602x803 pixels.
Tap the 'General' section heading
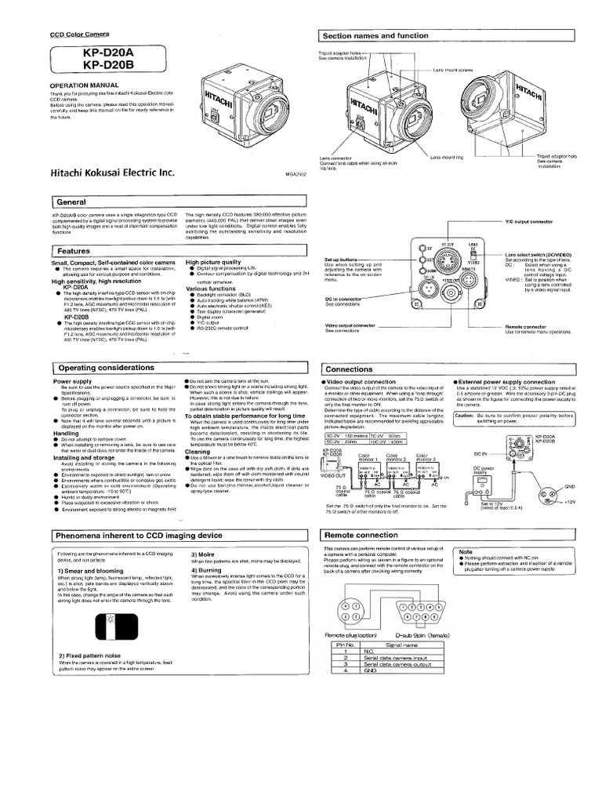click(71, 202)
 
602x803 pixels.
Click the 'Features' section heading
click(74, 250)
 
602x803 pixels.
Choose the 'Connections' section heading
click(350, 369)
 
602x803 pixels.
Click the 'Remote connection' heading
click(361, 534)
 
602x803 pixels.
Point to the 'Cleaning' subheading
click(197, 452)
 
